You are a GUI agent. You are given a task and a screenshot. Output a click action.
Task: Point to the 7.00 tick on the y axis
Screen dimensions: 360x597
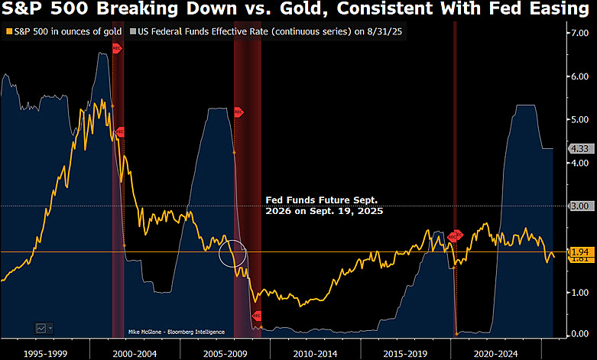click(x=576, y=34)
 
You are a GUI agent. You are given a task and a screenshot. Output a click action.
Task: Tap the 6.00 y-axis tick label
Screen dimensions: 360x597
click(x=576, y=76)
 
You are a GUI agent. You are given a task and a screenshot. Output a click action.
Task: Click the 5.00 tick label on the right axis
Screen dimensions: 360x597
click(x=576, y=120)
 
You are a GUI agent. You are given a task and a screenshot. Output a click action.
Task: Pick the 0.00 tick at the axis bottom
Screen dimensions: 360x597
click(x=576, y=334)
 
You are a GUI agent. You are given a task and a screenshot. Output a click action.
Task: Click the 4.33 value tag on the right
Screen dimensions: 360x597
click(x=577, y=148)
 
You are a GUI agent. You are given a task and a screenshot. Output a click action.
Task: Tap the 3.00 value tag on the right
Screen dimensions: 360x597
click(x=577, y=206)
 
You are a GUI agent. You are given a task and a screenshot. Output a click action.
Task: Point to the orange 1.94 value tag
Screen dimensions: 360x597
click(x=577, y=251)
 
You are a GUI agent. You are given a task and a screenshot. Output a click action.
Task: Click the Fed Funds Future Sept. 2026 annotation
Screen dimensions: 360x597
click(x=324, y=205)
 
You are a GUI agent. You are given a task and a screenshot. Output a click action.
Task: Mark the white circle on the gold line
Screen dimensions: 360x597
click(x=234, y=252)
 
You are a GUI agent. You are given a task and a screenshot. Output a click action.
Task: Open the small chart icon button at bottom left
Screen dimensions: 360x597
click(x=44, y=327)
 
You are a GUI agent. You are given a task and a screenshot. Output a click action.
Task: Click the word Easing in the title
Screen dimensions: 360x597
click(x=553, y=11)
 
